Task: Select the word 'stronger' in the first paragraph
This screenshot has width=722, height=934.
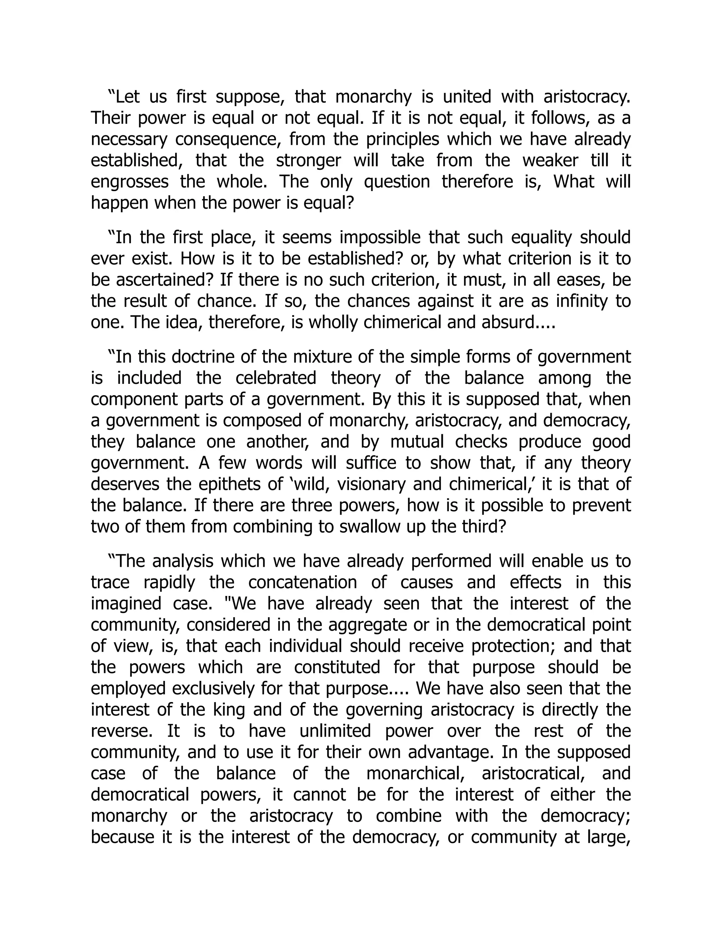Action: pyautogui.click(x=308, y=161)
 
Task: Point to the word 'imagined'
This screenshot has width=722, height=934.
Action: pyautogui.click(x=126, y=604)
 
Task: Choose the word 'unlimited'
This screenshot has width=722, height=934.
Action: pyautogui.click(x=335, y=731)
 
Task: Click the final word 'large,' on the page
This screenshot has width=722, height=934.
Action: pyautogui.click(x=608, y=837)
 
